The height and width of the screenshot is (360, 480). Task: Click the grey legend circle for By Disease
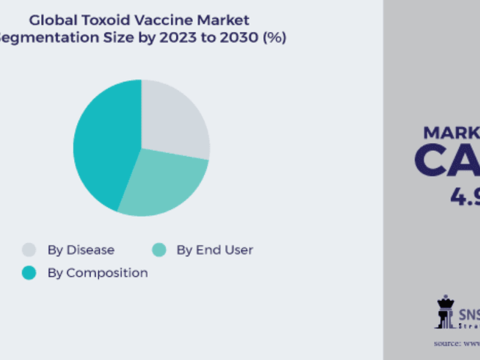click(x=29, y=250)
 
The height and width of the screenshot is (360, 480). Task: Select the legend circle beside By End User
click(x=158, y=250)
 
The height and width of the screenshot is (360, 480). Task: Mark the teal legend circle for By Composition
click(x=29, y=273)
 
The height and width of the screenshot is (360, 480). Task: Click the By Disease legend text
click(x=81, y=250)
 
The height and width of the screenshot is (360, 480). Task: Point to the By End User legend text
click(x=214, y=250)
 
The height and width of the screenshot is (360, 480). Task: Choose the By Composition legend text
click(x=97, y=273)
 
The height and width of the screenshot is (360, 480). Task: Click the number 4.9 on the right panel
click(x=464, y=196)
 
